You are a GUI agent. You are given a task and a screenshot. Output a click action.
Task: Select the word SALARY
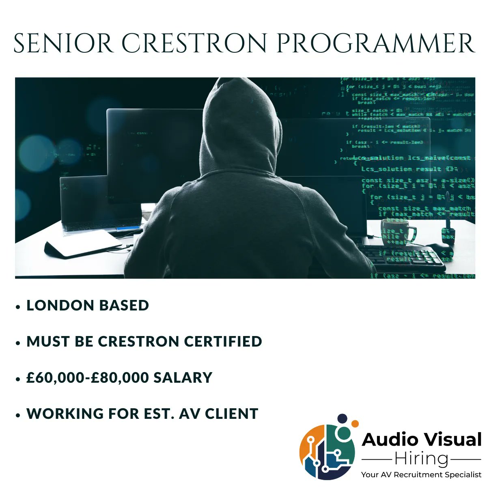pyautogui.click(x=183, y=377)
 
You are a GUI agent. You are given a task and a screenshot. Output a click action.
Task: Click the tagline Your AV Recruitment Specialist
pyautogui.click(x=421, y=474)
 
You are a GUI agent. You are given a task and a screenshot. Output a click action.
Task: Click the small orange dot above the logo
pyautogui.click(x=355, y=423)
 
